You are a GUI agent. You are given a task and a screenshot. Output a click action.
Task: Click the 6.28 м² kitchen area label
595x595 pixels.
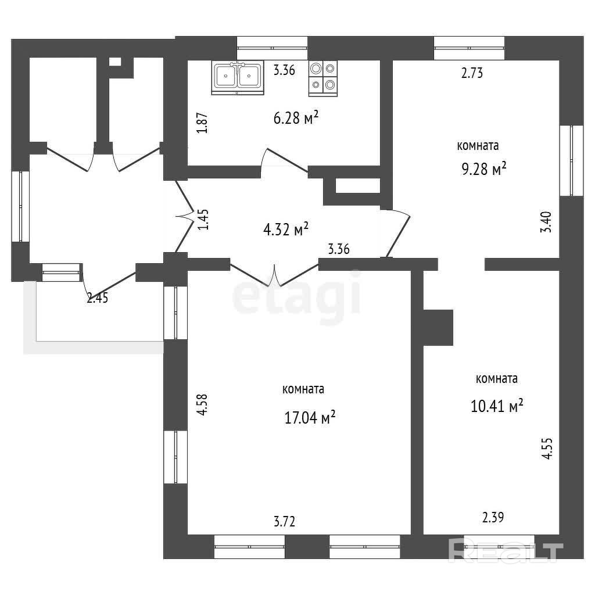click(296, 117)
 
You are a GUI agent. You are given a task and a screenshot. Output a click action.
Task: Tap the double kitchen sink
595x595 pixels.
click(238, 77)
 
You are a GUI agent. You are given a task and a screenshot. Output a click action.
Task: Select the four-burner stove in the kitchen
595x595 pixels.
click(323, 78)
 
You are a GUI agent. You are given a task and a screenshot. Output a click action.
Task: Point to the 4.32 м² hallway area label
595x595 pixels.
click(285, 229)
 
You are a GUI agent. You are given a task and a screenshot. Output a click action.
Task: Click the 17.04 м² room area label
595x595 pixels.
click(310, 417)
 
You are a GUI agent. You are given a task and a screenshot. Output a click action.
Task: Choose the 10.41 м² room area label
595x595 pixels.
click(497, 406)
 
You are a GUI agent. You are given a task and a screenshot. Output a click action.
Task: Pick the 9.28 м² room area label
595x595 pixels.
click(484, 169)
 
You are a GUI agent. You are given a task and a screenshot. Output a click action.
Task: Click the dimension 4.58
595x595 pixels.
click(203, 405)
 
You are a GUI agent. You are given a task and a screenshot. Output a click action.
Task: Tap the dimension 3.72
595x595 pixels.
click(285, 521)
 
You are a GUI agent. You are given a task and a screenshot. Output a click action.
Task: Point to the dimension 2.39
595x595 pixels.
click(493, 517)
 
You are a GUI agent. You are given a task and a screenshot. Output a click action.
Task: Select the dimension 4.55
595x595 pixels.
click(547, 449)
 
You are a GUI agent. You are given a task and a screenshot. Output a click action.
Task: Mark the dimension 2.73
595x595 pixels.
click(472, 73)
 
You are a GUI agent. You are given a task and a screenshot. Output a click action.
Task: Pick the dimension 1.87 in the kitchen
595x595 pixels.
click(202, 123)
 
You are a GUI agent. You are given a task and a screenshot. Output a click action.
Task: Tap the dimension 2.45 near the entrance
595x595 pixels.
click(98, 298)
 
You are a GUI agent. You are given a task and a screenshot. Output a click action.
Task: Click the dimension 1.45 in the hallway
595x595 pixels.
click(203, 220)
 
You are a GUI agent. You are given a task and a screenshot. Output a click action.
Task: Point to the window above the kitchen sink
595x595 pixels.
click(272, 48)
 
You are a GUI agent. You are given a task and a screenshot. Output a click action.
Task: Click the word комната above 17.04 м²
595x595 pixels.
click(303, 389)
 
